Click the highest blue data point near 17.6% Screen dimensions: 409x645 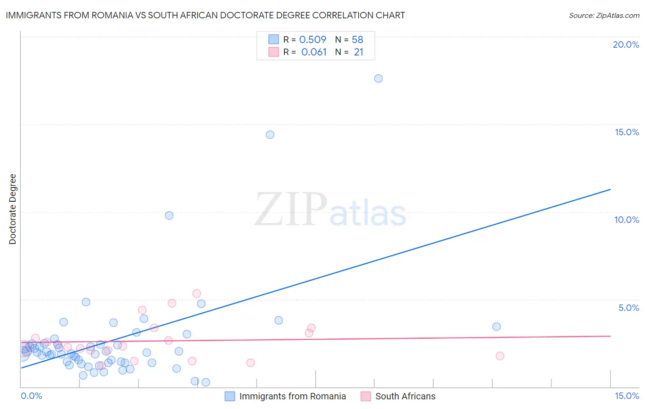378,78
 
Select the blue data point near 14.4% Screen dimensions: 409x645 270,135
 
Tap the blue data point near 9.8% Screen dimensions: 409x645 169,216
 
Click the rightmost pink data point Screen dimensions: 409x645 500,356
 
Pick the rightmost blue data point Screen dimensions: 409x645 496,327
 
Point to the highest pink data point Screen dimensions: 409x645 197,293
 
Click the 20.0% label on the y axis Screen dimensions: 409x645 626,44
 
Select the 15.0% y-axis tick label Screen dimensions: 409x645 627,132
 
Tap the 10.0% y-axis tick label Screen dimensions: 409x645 627,220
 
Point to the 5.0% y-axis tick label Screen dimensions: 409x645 628,308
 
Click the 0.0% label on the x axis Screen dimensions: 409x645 31,396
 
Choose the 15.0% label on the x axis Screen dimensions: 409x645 627,396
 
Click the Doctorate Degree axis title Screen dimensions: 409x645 12,209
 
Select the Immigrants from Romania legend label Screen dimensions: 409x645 292,396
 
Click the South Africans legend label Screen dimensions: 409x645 405,396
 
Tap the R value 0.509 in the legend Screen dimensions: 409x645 312,39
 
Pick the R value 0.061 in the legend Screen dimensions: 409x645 314,52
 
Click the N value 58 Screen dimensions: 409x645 357,39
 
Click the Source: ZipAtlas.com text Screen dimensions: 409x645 604,15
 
